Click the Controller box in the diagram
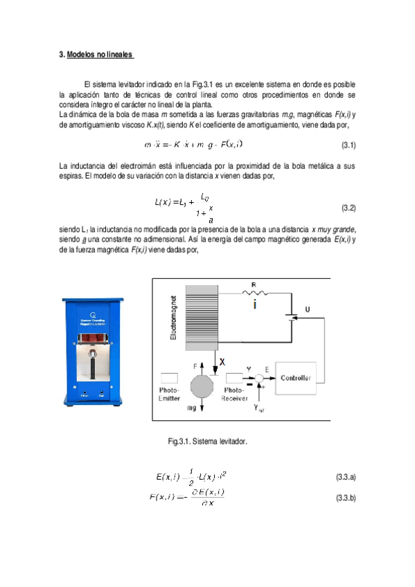point(296,378)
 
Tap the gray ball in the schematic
point(202,383)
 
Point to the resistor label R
point(254,284)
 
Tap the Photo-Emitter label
point(169,394)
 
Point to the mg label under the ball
point(192,410)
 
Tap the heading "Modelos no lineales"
point(98,54)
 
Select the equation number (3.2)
point(348,208)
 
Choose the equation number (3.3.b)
point(345,498)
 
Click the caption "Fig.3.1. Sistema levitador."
point(207,441)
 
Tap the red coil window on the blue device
point(93,337)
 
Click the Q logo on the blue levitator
point(93,313)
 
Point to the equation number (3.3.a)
point(345,478)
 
